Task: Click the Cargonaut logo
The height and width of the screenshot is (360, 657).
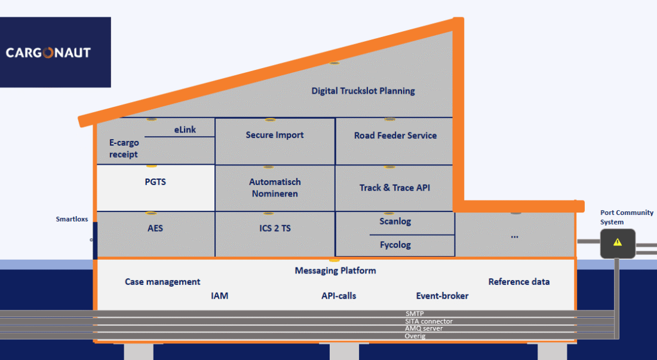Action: click(x=48, y=53)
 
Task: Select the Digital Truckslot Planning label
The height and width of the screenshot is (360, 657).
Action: click(x=363, y=91)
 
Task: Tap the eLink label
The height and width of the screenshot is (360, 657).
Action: click(x=185, y=130)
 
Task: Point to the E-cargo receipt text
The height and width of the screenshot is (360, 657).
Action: click(x=124, y=149)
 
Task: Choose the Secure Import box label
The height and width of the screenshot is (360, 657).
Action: click(x=275, y=135)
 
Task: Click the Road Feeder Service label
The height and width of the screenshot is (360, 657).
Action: click(x=395, y=136)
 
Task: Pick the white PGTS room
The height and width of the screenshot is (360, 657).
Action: click(x=155, y=188)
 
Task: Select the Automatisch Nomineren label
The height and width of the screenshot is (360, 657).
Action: click(x=275, y=188)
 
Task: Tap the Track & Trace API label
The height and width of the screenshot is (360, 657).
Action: click(x=395, y=188)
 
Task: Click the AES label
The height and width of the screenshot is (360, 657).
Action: click(x=155, y=228)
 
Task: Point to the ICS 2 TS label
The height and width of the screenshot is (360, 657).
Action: click(x=275, y=228)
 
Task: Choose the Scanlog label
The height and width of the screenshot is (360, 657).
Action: click(x=395, y=221)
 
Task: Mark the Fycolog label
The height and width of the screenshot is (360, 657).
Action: click(x=395, y=245)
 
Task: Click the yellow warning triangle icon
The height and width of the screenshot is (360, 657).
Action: click(x=617, y=242)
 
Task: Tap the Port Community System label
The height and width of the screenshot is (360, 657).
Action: click(x=627, y=217)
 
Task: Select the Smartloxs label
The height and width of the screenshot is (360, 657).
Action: click(x=72, y=219)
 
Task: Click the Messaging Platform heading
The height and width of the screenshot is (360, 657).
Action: click(x=335, y=271)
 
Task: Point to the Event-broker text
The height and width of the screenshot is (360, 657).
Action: click(x=442, y=296)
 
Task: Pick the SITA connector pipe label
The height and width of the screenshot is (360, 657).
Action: click(x=429, y=321)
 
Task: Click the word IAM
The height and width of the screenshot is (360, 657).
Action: click(x=220, y=296)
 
